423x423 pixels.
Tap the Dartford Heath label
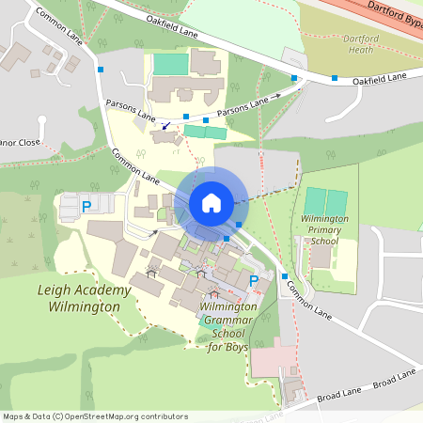[x=339, y=44]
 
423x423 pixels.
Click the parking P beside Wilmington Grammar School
[x=253, y=280]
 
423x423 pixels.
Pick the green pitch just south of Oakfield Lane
[x=170, y=64]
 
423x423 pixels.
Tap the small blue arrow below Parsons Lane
[x=166, y=124]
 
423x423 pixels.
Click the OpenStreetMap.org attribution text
[x=113, y=415]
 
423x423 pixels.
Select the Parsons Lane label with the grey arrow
[x=248, y=103]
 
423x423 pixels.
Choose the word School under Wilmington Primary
[x=324, y=241]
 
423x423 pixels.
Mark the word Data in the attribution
[x=39, y=415]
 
